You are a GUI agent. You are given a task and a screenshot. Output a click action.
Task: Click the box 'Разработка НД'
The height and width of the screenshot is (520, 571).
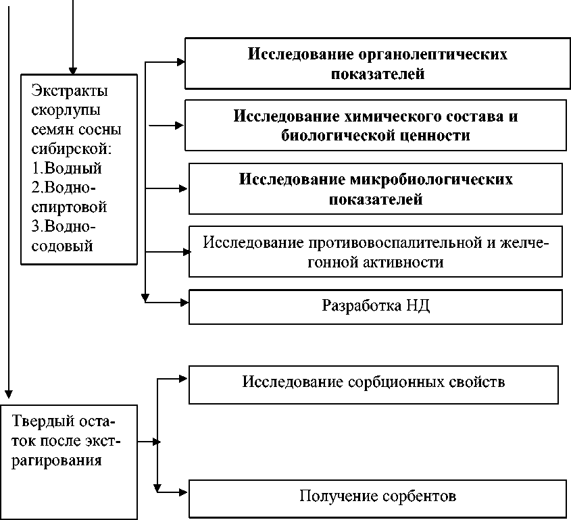[x=375, y=307]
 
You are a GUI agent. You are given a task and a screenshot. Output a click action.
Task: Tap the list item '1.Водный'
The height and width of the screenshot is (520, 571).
[x=66, y=169]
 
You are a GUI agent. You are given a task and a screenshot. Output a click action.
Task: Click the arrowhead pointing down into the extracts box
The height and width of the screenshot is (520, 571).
[x=73, y=70]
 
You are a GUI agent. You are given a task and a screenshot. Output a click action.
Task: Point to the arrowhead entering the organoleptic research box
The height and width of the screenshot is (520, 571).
[x=180, y=61]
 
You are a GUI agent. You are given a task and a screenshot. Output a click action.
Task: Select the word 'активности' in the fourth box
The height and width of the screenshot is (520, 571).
[x=412, y=262]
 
